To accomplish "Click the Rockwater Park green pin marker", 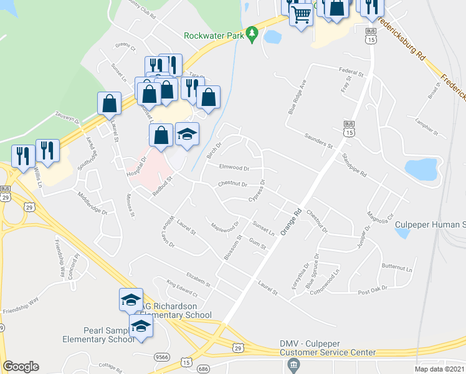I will (x=252, y=34).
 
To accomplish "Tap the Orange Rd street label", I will (x=291, y=222).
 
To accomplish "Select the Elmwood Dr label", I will (x=234, y=168).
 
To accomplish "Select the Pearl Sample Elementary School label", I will (x=98, y=335).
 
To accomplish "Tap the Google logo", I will (x=21, y=367).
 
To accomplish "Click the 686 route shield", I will (x=204, y=369).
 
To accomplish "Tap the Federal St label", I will (x=351, y=73).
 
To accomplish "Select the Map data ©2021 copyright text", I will (x=440, y=369).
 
